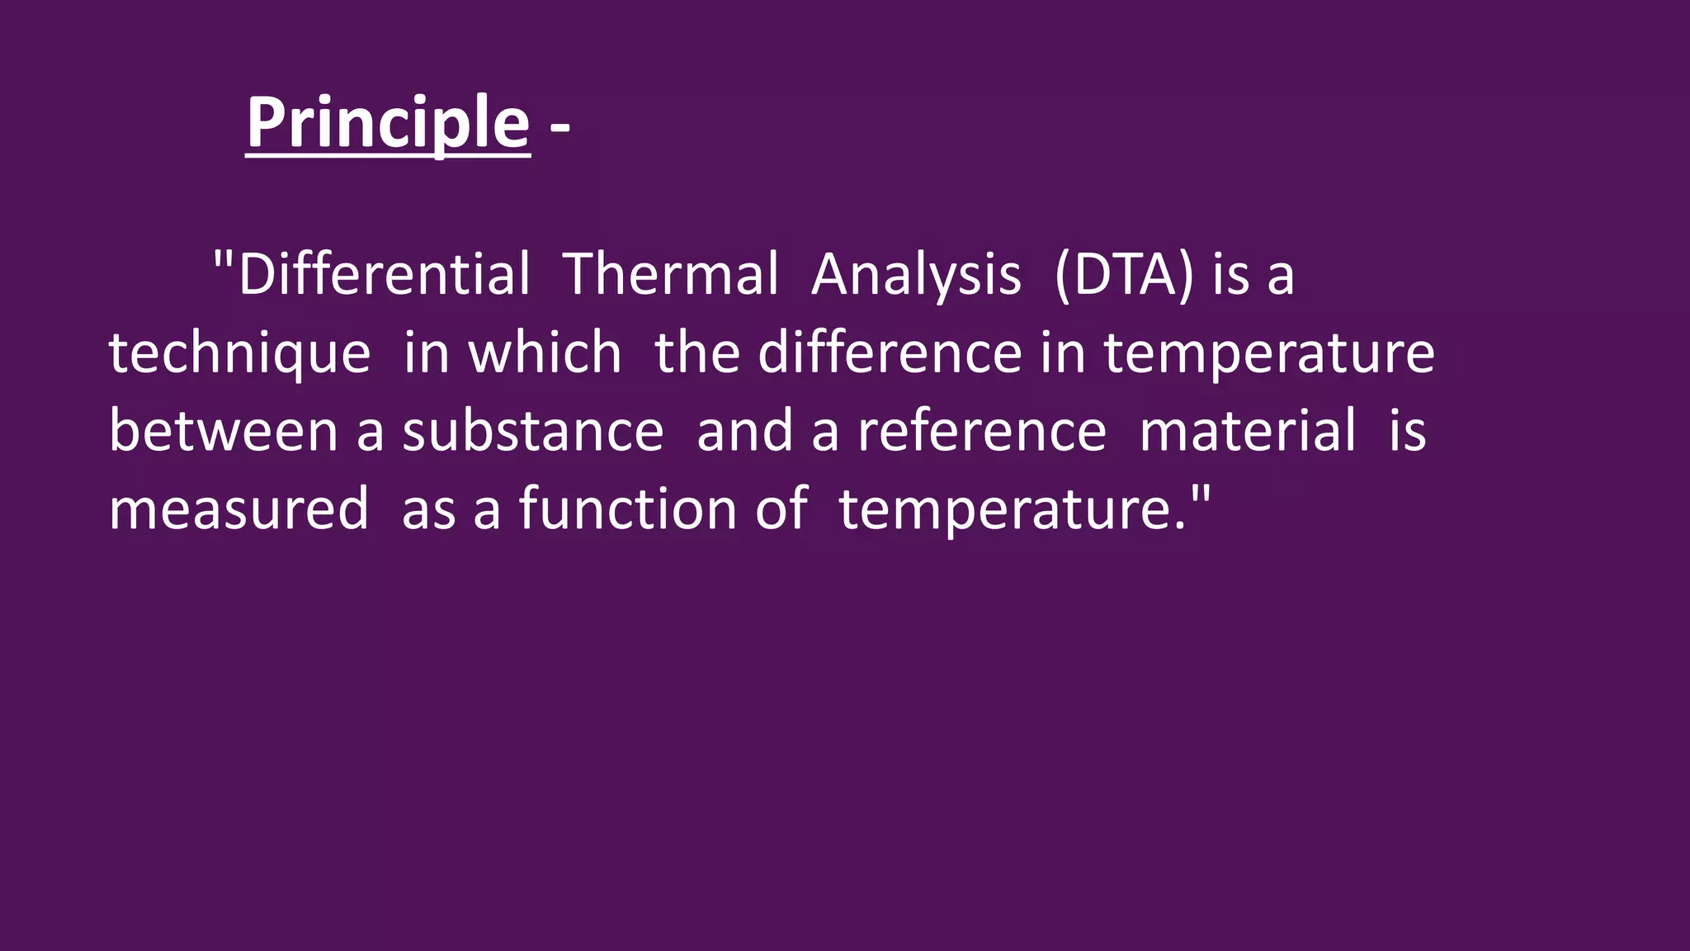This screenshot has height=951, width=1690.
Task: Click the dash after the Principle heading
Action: (x=559, y=127)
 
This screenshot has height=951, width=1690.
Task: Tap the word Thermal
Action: (x=670, y=274)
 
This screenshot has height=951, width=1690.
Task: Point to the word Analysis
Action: (x=916, y=276)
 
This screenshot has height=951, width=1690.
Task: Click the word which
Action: (x=545, y=352)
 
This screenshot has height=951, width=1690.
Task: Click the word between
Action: (x=223, y=431)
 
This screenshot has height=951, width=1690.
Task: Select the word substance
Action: (x=532, y=431)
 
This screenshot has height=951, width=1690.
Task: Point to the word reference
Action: (x=982, y=431)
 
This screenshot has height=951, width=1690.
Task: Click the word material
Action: (x=1247, y=431)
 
